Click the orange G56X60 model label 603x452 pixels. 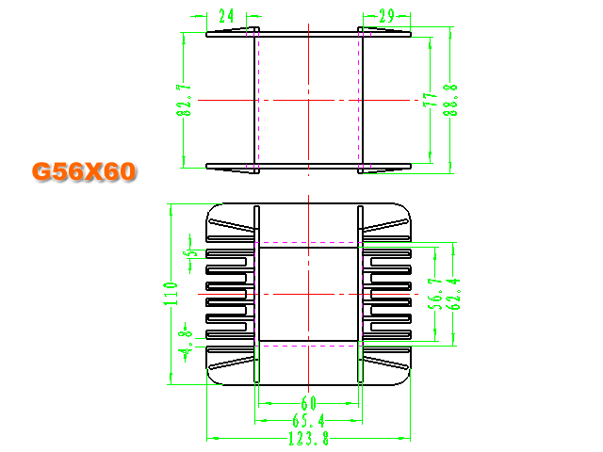click(x=84, y=171)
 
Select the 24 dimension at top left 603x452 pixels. click(x=226, y=16)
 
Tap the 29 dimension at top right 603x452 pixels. click(x=386, y=16)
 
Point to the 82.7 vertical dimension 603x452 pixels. click(x=184, y=101)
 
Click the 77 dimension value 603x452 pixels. click(x=431, y=100)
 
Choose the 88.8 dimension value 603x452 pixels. click(x=450, y=100)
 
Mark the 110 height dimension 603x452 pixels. click(x=171, y=294)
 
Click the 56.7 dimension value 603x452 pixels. click(x=435, y=294)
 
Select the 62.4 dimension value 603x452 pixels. click(x=454, y=294)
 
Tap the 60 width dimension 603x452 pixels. click(x=308, y=403)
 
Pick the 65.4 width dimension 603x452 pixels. click(x=308, y=420)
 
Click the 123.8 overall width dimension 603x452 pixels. click(x=308, y=438)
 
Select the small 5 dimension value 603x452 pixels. click(x=190, y=253)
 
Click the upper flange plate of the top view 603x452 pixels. click(x=308, y=34)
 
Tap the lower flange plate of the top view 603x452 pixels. click(x=308, y=166)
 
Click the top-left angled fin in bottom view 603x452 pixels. click(x=232, y=225)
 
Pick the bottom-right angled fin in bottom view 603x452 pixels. click(x=385, y=363)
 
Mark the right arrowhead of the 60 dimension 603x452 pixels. click(x=352, y=403)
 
